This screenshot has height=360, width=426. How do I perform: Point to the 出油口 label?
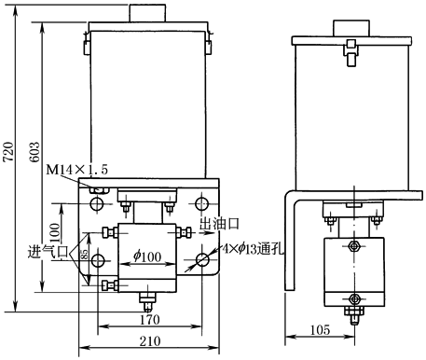(219, 225)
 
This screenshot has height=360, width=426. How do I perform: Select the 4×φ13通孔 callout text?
(248, 251)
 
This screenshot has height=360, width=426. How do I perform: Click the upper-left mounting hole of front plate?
(96, 202)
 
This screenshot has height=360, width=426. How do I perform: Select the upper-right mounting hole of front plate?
(199, 202)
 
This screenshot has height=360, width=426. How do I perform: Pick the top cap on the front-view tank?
(147, 17)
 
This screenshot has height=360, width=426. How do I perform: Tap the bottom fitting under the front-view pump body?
(147, 301)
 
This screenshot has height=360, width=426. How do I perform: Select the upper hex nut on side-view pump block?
(354, 247)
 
